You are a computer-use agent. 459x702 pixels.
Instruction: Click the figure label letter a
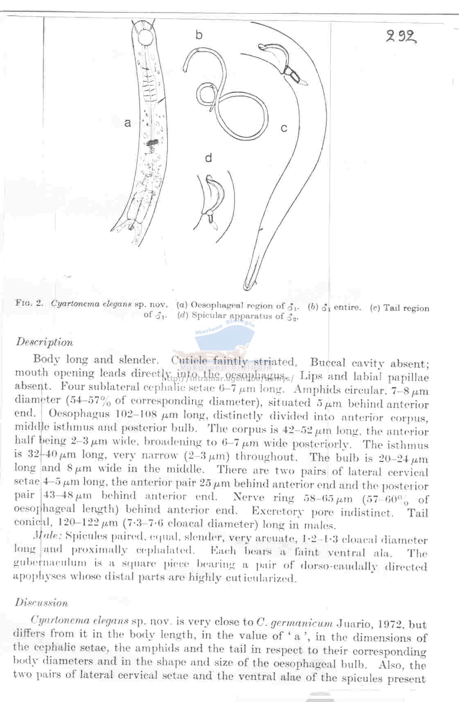click(128, 123)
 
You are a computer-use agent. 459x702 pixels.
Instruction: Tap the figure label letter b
click(199, 35)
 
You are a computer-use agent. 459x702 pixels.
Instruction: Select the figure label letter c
click(284, 128)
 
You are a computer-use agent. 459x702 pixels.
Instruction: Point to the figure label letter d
click(208, 158)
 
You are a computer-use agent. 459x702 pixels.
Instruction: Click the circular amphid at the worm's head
click(145, 38)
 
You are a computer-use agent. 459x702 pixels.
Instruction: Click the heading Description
click(44, 342)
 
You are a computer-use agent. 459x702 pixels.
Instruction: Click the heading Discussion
click(41, 602)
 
